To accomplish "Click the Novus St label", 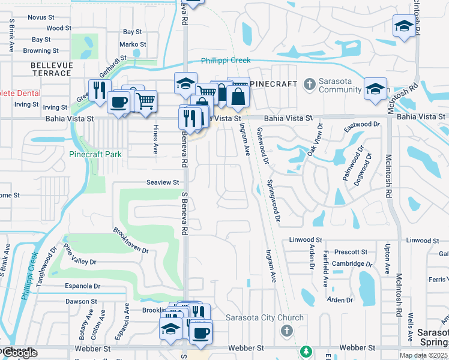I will tap(41, 18).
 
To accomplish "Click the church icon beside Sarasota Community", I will tap(310, 83).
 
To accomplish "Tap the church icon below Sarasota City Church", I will tap(287, 331).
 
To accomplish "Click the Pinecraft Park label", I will tap(95, 154).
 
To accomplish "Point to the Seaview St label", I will tap(163, 182).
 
